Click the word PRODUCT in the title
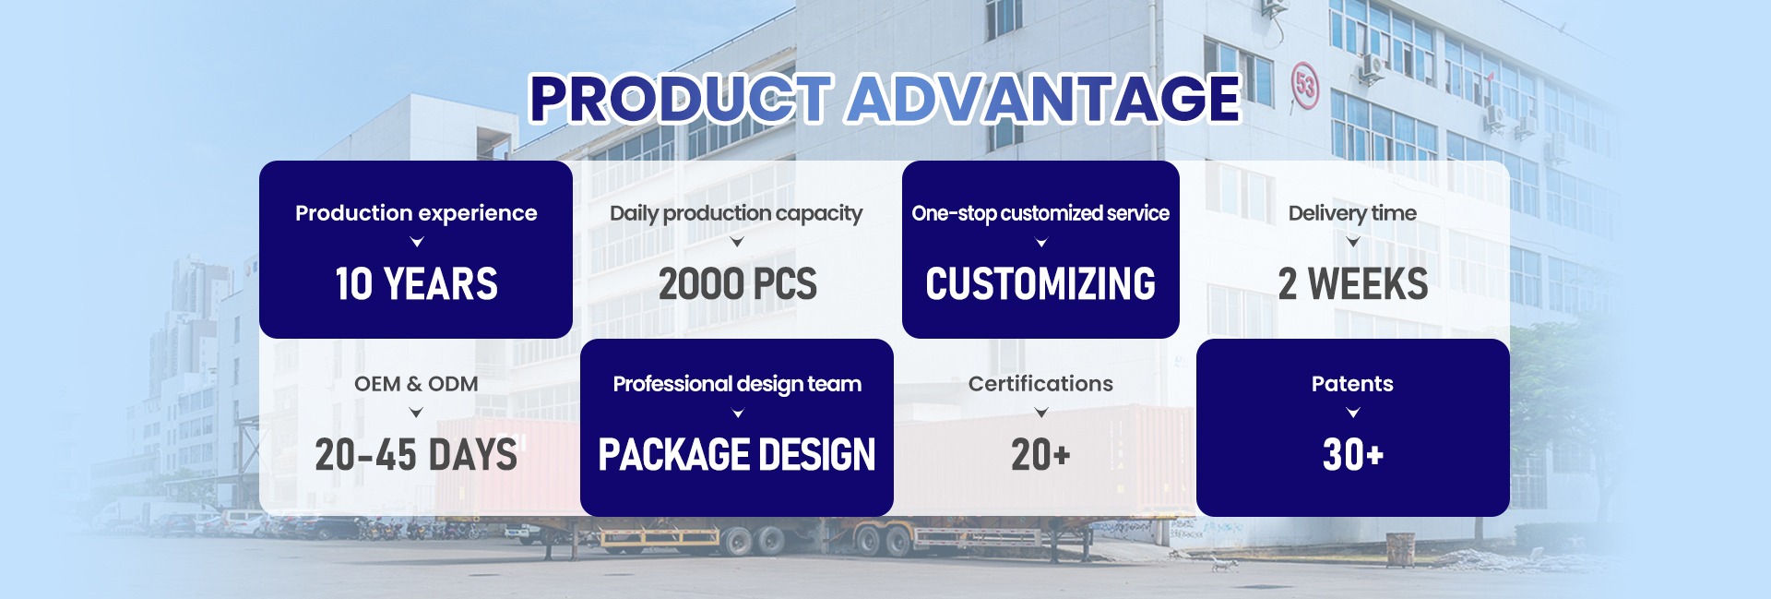pyautogui.click(x=681, y=99)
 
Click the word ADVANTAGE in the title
pyautogui.click(x=1045, y=99)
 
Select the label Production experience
pyautogui.click(x=416, y=213)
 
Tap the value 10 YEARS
pyautogui.click(x=416, y=283)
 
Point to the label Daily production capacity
pyautogui.click(x=736, y=214)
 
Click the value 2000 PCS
pyautogui.click(x=737, y=283)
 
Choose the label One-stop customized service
pyautogui.click(x=1040, y=214)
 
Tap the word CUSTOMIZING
pyautogui.click(x=1040, y=283)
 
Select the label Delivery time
pyautogui.click(x=1352, y=214)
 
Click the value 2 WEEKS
pyautogui.click(x=1352, y=283)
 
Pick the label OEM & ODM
pyautogui.click(x=416, y=384)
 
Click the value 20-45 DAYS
pyautogui.click(x=416, y=454)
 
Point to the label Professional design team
pyautogui.click(x=737, y=385)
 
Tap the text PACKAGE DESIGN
pyautogui.click(x=737, y=454)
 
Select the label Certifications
pyautogui.click(x=1040, y=384)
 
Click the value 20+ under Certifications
pyautogui.click(x=1040, y=454)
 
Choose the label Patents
pyautogui.click(x=1352, y=384)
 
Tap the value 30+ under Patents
pyautogui.click(x=1352, y=454)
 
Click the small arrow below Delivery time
pyautogui.click(x=1353, y=243)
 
